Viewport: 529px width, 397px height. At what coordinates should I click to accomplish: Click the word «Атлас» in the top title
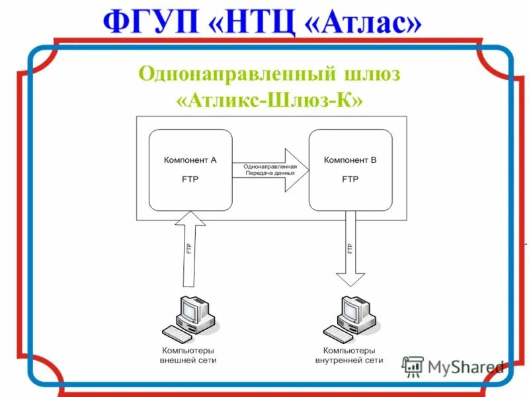pyautogui.click(x=363, y=24)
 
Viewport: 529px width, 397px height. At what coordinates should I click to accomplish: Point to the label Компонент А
pyautogui.click(x=190, y=160)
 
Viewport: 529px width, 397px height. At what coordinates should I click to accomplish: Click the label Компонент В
pyautogui.click(x=350, y=160)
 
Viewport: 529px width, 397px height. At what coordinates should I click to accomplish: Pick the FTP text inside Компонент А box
pyautogui.click(x=190, y=179)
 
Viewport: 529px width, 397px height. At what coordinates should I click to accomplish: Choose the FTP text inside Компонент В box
pyautogui.click(x=350, y=179)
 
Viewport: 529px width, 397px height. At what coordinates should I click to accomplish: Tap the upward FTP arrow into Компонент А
pyautogui.click(x=190, y=245)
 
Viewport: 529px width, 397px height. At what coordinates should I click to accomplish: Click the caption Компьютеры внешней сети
pyautogui.click(x=188, y=355)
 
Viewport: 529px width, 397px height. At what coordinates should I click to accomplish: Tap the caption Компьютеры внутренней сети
pyautogui.click(x=349, y=355)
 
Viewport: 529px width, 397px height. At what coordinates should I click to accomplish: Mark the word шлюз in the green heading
pyautogui.click(x=372, y=73)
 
